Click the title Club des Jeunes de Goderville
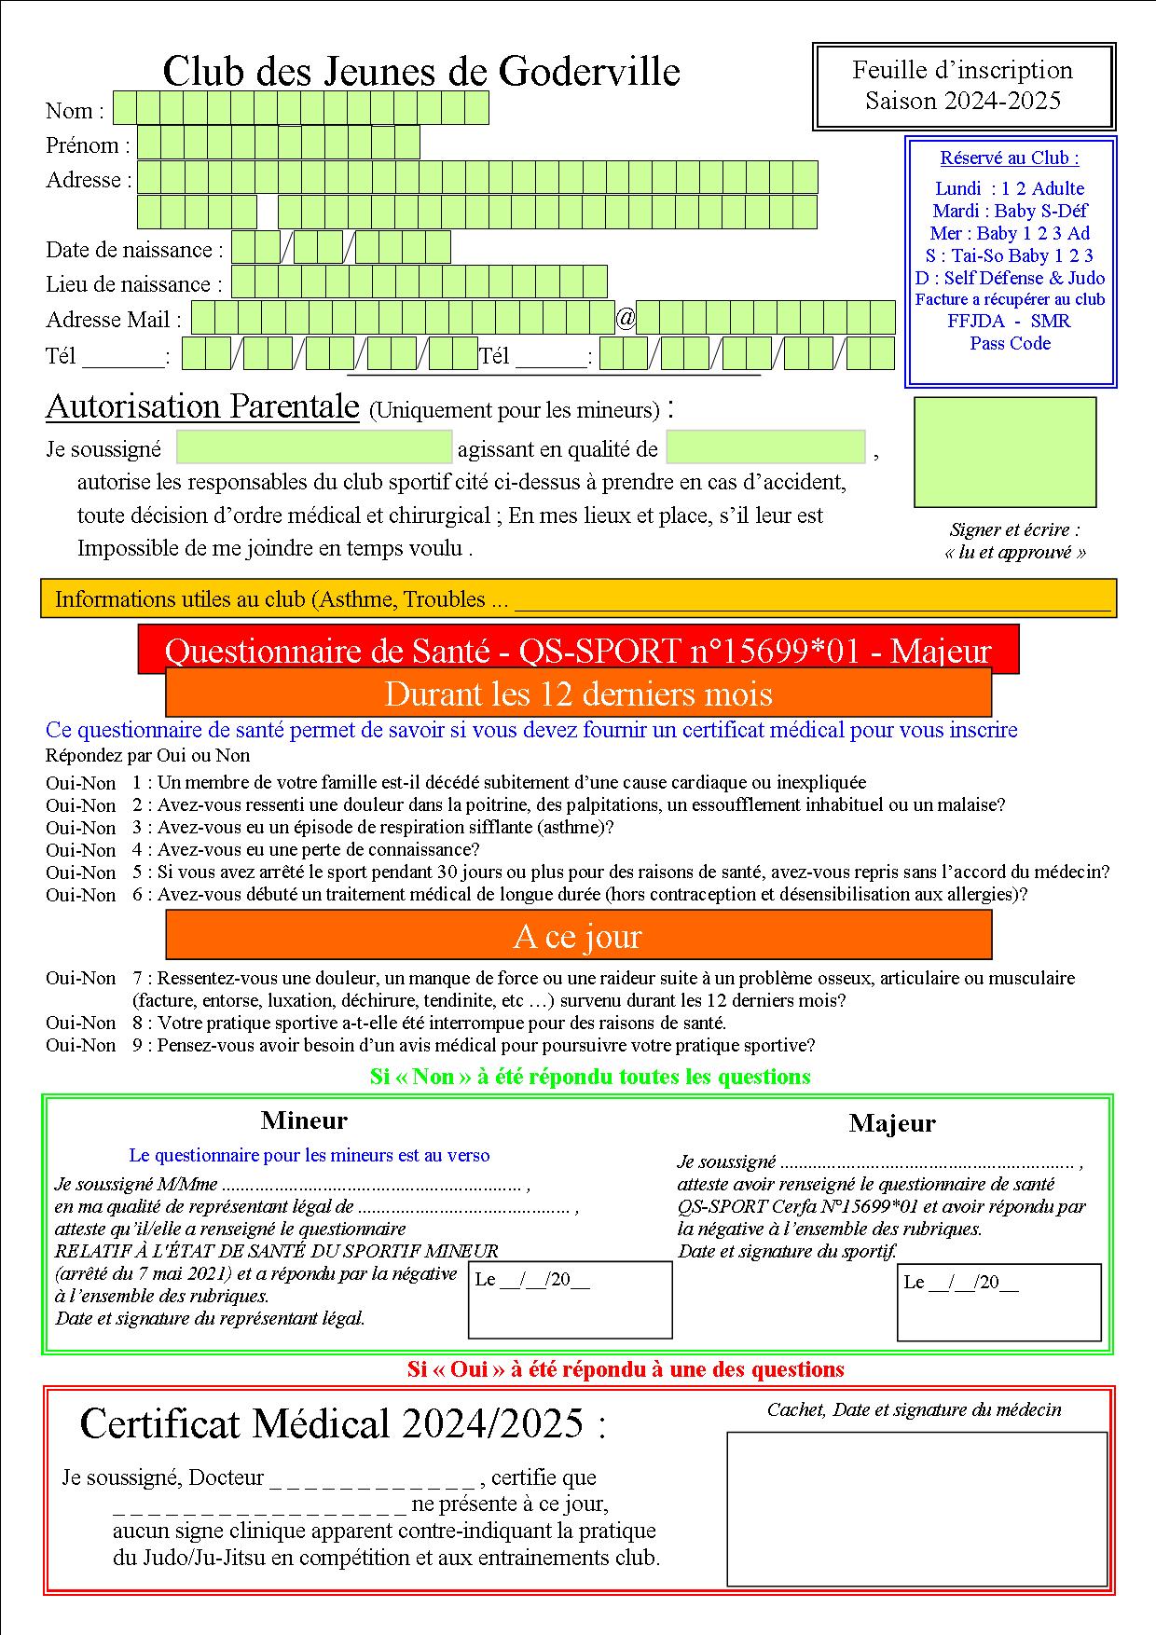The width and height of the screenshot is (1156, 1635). pos(421,72)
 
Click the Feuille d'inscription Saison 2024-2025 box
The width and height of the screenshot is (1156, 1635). pos(964,86)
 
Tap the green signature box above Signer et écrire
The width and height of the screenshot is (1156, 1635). pos(1005,452)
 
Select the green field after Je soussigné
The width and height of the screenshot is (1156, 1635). pos(314,447)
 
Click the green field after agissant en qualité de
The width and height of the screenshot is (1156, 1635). pos(765,447)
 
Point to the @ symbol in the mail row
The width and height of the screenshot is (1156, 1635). pos(626,319)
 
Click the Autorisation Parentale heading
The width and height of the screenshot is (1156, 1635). pos(202,406)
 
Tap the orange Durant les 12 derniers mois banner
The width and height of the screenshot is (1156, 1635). pos(578,694)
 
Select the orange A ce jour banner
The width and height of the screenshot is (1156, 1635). pos(578,935)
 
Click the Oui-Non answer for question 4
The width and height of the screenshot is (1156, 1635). pos(81,850)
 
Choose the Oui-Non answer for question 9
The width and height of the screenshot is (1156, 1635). pos(81,1046)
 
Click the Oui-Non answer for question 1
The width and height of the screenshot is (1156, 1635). pos(81,783)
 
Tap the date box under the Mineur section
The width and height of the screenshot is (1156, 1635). pos(570,1300)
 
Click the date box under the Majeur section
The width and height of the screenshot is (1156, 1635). pos(998,1302)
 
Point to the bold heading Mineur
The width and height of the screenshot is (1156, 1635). pos(304,1120)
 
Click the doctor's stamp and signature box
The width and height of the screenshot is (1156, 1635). pos(916,1508)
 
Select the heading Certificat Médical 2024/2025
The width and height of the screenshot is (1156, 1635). pos(342,1423)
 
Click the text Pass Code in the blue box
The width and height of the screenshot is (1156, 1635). pos(1010,343)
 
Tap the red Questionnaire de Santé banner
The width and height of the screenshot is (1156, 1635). pos(578,650)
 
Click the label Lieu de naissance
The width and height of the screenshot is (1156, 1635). pos(134,284)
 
